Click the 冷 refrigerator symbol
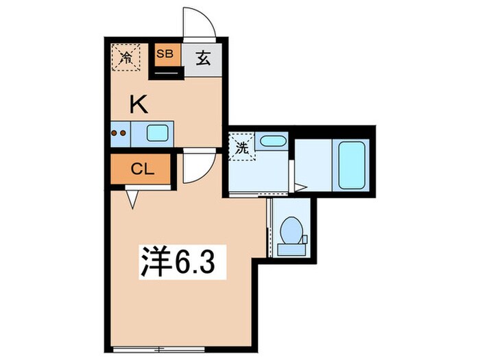(125, 57)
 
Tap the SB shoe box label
(165, 53)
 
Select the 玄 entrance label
(204, 59)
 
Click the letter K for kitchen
(138, 104)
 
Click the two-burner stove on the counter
(119, 133)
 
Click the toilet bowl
(290, 230)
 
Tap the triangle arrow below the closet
(132, 198)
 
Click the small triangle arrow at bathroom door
(299, 185)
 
